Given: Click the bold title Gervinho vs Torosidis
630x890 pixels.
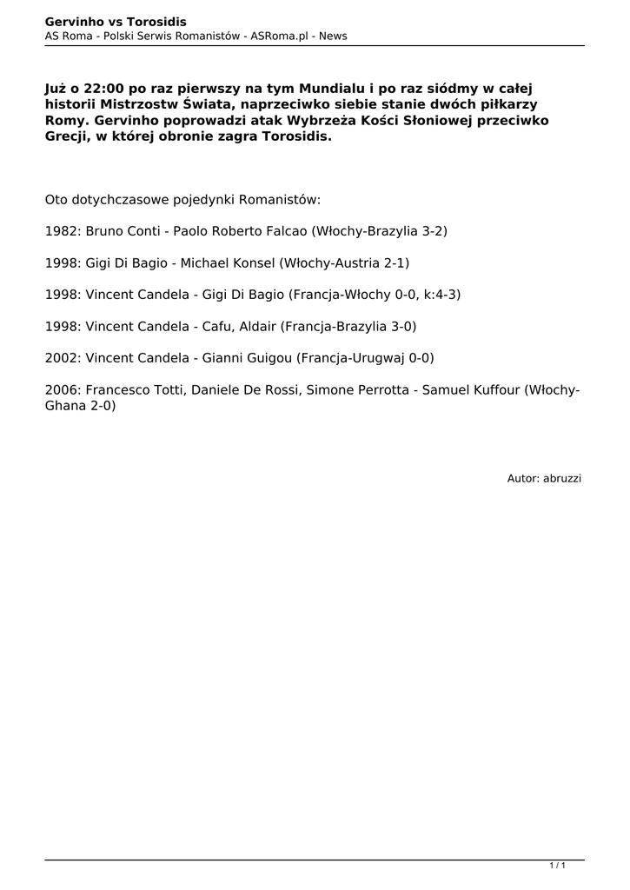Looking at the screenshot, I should click(116, 21).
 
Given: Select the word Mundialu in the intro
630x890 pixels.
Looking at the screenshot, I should click(335, 90).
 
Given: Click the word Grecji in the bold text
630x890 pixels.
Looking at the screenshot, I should click(67, 137).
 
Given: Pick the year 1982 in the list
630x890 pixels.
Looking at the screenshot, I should click(63, 232).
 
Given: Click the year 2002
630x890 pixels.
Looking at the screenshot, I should click(63, 357).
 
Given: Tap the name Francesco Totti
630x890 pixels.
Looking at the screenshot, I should click(135, 390).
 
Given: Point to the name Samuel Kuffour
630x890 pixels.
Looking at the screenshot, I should click(470, 390).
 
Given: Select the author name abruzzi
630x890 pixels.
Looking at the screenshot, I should click(562, 478).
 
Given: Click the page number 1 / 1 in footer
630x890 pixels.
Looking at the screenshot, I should click(558, 866).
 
